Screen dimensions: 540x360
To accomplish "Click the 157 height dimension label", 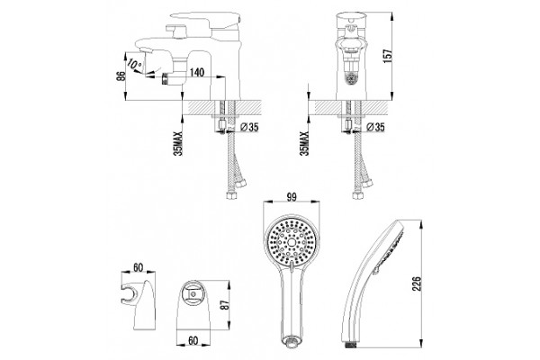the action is pyautogui.click(x=388, y=56).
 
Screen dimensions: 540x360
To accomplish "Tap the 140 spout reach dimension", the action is pyautogui.click(x=197, y=72).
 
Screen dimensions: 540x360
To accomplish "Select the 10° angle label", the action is pyautogui.click(x=135, y=64).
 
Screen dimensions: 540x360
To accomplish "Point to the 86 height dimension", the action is pyautogui.click(x=121, y=76).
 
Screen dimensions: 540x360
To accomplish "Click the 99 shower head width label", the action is pyautogui.click(x=292, y=197).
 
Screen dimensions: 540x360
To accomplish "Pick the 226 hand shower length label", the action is pyautogui.click(x=417, y=283).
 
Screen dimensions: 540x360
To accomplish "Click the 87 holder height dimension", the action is pyautogui.click(x=224, y=304).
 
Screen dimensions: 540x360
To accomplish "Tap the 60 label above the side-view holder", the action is pyautogui.click(x=138, y=267).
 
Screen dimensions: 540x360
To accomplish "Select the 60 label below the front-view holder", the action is pyautogui.click(x=193, y=340).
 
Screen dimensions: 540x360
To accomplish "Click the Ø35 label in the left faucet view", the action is pyautogui.click(x=249, y=128).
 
